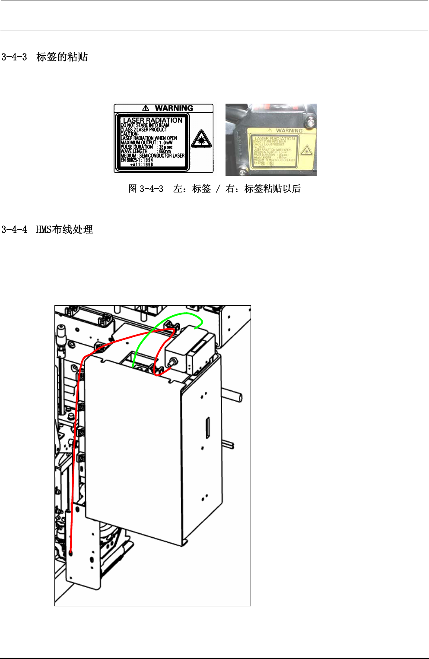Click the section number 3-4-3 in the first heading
tap(14, 57)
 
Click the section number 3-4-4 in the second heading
tap(14, 230)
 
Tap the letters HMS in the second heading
tap(44, 230)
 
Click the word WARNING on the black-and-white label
tap(174, 108)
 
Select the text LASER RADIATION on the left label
tap(153, 120)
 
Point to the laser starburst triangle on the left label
tap(201, 139)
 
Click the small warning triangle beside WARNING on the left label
tap(146, 108)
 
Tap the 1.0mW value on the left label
tap(166, 143)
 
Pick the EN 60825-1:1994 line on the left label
tap(137, 160)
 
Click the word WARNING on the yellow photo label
tap(289, 130)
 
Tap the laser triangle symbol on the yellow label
tap(306, 151)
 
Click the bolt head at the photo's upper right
tap(310, 123)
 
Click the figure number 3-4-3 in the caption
tap(152, 189)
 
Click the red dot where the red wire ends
tap(71, 553)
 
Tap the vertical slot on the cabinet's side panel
tap(208, 428)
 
